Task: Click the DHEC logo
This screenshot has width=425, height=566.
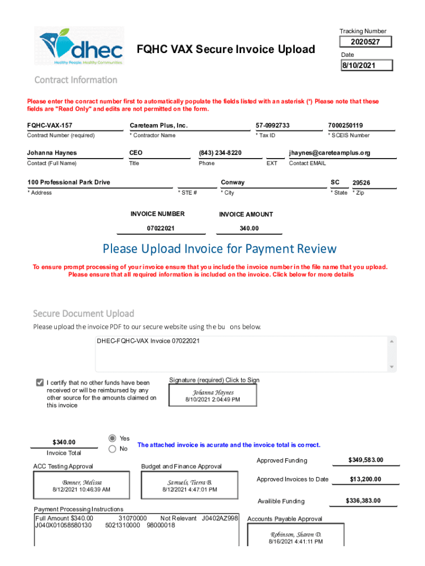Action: coord(82,46)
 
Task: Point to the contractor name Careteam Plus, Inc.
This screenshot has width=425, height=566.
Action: coord(159,125)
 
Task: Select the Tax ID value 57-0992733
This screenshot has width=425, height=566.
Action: coord(273,125)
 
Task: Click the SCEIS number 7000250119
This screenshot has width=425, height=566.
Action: coord(346,125)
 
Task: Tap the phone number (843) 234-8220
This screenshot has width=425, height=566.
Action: coord(220,153)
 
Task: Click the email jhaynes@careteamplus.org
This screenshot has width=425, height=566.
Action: coord(330,153)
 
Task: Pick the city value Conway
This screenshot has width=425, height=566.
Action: coord(233,182)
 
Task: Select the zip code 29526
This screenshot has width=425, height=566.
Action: coord(362,183)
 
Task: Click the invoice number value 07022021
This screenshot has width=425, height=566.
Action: coord(161,228)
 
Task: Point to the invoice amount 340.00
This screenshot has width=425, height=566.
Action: coord(249,228)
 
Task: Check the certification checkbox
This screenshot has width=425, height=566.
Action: coord(40,382)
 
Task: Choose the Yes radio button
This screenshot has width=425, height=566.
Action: coord(113,438)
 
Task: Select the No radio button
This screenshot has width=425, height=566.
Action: coord(113,449)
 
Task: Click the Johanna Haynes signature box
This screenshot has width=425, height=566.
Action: coord(213,395)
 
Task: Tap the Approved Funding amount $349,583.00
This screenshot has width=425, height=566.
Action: coord(365,460)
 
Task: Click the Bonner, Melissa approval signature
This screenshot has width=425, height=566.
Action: coord(82,486)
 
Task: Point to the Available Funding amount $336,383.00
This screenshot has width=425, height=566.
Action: coord(363,501)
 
